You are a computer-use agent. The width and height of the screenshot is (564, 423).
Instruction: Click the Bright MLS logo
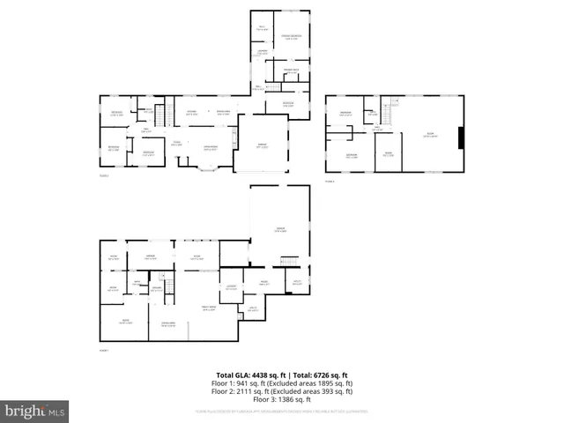point(35,411)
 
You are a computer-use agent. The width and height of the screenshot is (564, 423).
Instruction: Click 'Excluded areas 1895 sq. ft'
point(322,383)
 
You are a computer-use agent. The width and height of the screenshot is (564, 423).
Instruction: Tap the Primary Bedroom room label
point(292,36)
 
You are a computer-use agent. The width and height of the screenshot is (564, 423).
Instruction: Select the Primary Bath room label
point(292,70)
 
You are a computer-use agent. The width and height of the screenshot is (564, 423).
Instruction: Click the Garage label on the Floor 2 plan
point(262,145)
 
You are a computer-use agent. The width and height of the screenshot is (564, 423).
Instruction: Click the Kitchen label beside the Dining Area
point(223,112)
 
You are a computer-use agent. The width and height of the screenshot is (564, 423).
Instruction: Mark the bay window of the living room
point(208,167)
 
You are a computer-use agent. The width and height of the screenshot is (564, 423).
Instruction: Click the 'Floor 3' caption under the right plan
point(330,181)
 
